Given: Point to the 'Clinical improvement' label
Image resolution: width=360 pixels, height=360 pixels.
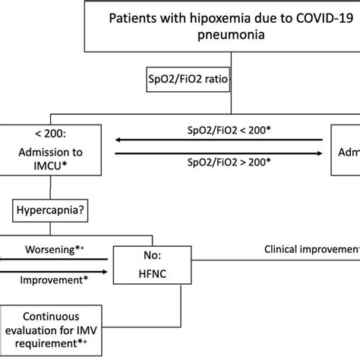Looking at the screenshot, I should pos(311,248).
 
